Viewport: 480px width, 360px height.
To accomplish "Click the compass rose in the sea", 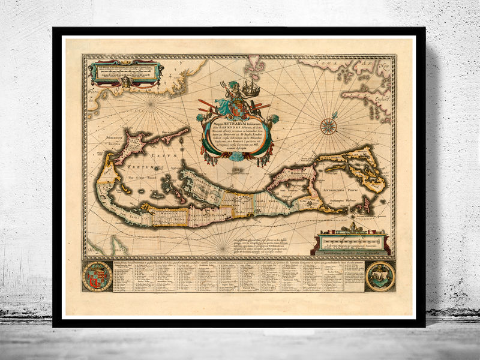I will pos(328,126).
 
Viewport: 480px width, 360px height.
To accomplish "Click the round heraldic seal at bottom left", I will pos(97,276).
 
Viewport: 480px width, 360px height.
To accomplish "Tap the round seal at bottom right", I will pos(380,276).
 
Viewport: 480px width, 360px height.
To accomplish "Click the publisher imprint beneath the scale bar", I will pos(353,253).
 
